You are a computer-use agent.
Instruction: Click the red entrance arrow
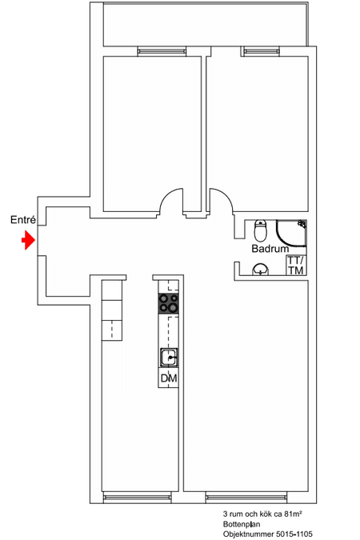point(29,240)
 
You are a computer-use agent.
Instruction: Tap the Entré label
point(23,220)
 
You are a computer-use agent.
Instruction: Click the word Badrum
point(270,249)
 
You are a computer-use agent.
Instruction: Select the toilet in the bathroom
point(261,230)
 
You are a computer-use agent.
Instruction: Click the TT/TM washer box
point(296,266)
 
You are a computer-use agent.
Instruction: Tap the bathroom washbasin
point(261,270)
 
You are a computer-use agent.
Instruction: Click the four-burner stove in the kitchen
point(169,303)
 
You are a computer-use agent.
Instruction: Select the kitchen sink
point(169,357)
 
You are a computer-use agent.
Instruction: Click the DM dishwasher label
point(169,378)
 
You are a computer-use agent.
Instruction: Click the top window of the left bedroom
point(162,51)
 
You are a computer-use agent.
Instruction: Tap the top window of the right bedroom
point(260,51)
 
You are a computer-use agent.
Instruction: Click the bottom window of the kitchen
point(137,498)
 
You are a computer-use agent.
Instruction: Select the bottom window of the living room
point(246,498)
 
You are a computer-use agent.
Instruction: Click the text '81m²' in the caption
point(293,514)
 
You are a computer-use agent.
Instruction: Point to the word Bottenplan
point(242,525)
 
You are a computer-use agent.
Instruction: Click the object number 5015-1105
point(294,534)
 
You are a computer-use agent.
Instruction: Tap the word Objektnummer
point(248,534)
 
